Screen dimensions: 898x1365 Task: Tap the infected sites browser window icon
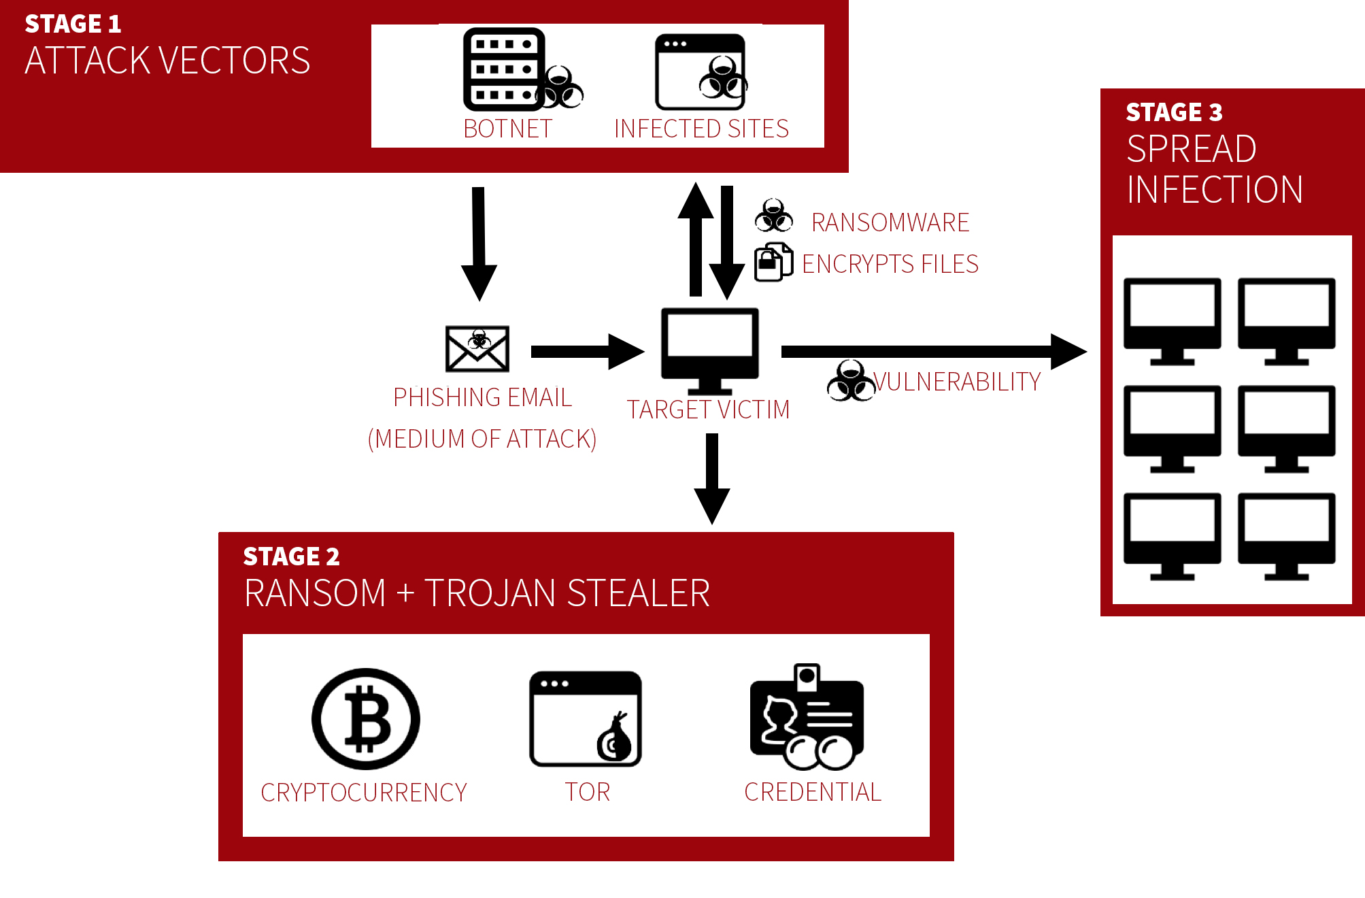click(x=700, y=72)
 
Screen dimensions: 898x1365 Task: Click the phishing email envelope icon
click(x=477, y=349)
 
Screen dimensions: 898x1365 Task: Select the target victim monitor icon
click(x=710, y=349)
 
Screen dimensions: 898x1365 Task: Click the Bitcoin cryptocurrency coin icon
click(x=366, y=719)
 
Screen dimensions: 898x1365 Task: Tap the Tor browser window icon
click(x=585, y=719)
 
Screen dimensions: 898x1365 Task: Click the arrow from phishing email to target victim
click(x=585, y=352)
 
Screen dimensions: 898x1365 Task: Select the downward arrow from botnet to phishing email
click(x=479, y=242)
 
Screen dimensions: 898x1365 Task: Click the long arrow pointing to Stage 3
click(x=932, y=352)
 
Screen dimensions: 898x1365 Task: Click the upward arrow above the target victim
click(x=695, y=238)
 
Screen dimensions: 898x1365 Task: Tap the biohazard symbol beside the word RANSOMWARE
click(x=774, y=216)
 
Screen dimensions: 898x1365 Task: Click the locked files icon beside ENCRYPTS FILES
click(x=773, y=262)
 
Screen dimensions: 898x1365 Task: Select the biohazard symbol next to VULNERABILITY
click(x=850, y=382)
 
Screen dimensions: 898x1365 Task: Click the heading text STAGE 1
click(x=73, y=24)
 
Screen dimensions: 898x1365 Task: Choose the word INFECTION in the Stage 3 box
click(x=1215, y=190)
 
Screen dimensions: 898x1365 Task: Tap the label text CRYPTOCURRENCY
click(x=364, y=793)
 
